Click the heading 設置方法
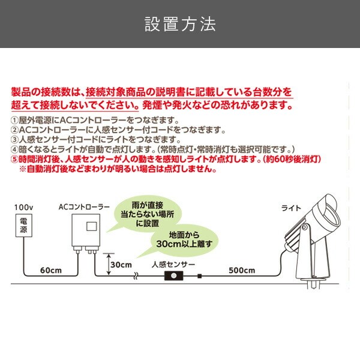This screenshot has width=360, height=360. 180,24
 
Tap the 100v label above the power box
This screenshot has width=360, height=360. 23,208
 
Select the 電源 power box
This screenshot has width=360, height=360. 23,225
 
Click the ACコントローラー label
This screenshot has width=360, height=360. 84,207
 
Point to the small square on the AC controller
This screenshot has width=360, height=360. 91,227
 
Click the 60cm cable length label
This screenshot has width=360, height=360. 51,270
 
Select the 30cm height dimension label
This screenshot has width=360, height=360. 121,265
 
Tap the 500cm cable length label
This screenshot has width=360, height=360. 242,270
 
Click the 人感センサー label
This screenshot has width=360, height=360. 173,265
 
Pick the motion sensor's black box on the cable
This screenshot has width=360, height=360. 174,275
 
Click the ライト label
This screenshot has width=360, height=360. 291,208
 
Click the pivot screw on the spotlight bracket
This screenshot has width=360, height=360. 305,227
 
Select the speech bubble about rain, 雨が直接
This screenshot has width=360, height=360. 147,214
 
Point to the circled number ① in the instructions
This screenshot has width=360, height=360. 14,120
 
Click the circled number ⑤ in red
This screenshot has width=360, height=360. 14,159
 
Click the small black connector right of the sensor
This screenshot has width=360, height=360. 200,276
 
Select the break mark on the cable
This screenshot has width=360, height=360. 136,276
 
